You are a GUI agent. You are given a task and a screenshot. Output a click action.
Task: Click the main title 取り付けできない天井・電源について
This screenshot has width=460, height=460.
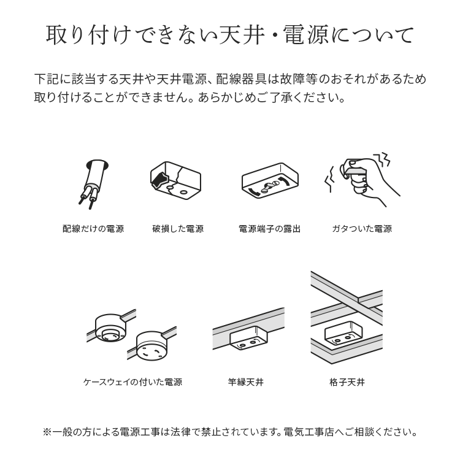click(230, 35)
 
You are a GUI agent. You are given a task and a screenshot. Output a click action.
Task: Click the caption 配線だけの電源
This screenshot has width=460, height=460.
click(93, 229)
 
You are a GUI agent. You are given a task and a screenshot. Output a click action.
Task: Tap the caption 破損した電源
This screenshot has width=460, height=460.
click(178, 229)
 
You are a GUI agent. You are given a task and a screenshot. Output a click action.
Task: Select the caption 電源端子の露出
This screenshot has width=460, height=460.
click(270, 229)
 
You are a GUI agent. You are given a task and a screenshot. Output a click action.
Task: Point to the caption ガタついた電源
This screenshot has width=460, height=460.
click(362, 229)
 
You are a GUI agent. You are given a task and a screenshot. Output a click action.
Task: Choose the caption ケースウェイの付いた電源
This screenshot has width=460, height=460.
click(132, 382)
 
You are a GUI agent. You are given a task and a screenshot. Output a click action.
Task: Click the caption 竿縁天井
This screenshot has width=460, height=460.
click(246, 382)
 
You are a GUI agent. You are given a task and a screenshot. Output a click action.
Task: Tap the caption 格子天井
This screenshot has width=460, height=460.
click(347, 382)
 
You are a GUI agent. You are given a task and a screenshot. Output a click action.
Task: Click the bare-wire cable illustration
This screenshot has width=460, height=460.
click(93, 184)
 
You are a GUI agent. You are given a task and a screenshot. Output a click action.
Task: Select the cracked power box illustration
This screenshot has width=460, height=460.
click(176, 181)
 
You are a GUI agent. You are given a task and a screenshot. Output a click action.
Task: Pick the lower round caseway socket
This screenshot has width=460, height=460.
click(151, 346)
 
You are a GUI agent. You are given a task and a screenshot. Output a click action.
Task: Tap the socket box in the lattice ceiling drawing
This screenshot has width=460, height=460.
click(343, 334)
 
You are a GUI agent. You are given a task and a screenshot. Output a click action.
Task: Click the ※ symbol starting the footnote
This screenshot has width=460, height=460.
click(47, 432)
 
